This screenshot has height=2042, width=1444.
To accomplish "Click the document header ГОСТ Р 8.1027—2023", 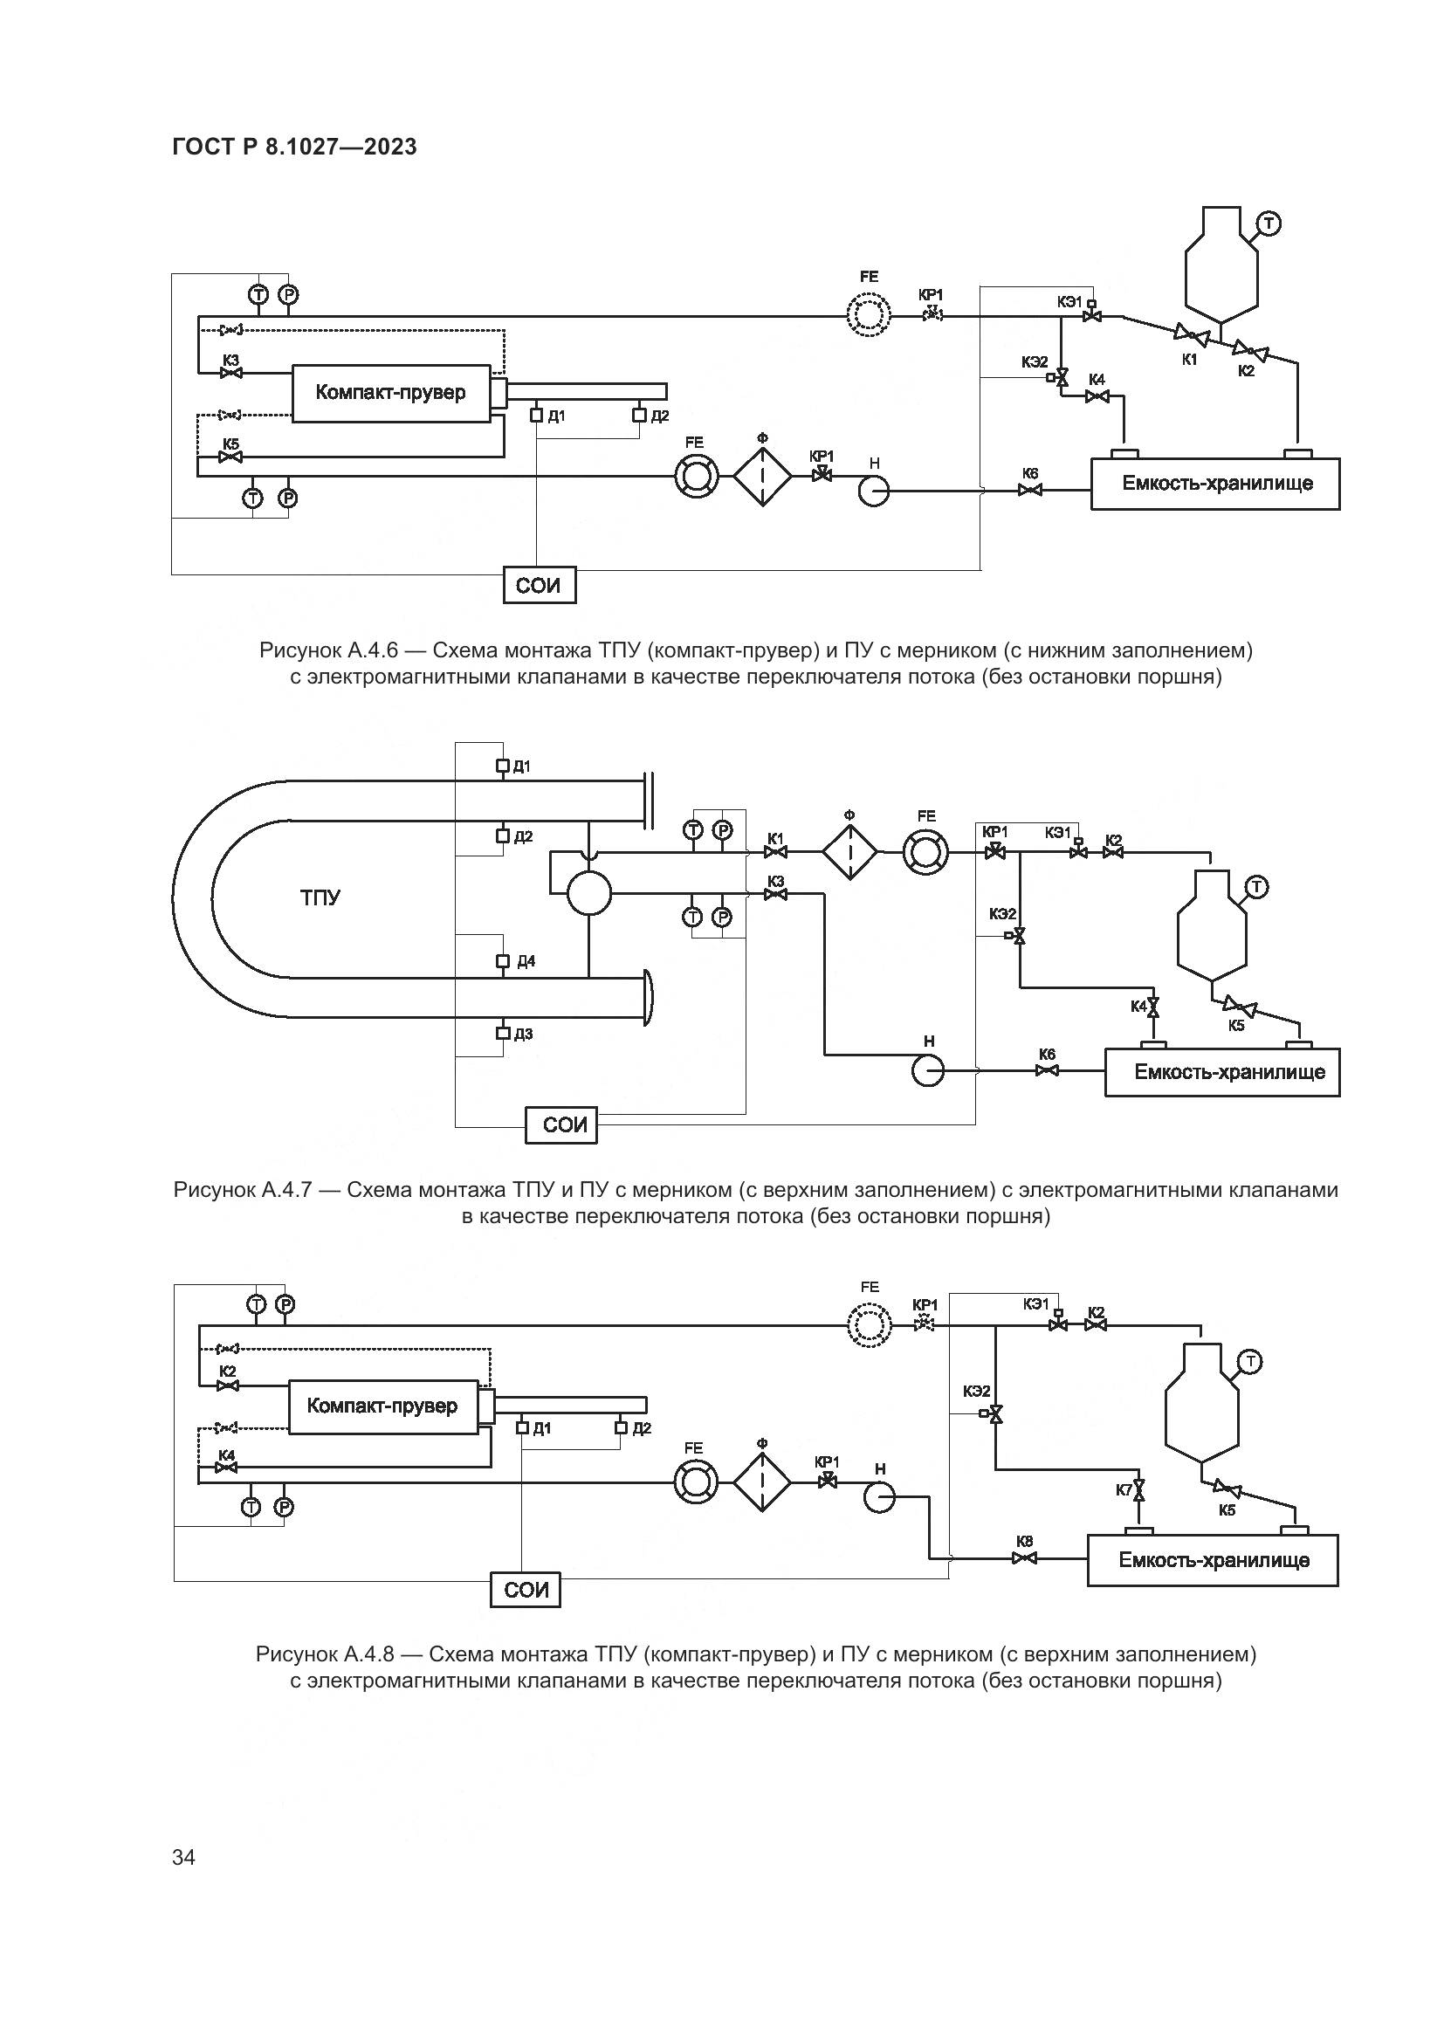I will (x=294, y=147).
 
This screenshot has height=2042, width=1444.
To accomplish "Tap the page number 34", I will (x=183, y=1857).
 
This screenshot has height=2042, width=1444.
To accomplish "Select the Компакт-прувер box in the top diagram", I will (x=390, y=392).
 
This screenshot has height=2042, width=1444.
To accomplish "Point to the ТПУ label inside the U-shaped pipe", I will (x=320, y=897).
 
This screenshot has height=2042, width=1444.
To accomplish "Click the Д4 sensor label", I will (x=526, y=961).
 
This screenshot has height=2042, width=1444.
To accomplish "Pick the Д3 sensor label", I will (x=524, y=1034).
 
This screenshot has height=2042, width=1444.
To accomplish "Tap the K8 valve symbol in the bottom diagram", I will (x=1022, y=1558).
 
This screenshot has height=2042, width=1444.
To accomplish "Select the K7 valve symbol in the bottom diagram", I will (x=1141, y=1489).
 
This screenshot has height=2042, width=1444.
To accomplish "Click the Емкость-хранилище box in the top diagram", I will (x=1215, y=484).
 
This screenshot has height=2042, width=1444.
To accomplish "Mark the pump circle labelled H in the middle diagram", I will (x=928, y=1071).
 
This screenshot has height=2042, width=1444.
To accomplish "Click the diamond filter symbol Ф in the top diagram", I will (x=762, y=477).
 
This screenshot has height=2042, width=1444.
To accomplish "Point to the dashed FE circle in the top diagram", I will (x=868, y=314).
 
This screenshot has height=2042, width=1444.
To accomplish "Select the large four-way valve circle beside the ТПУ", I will (x=588, y=893).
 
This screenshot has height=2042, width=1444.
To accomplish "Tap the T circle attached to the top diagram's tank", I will (x=1269, y=223).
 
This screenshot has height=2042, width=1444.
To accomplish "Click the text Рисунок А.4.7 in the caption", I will (x=242, y=1190).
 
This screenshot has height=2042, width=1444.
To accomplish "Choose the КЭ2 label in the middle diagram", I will (x=1002, y=913).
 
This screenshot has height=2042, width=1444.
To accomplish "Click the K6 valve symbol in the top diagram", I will (x=1030, y=489).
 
